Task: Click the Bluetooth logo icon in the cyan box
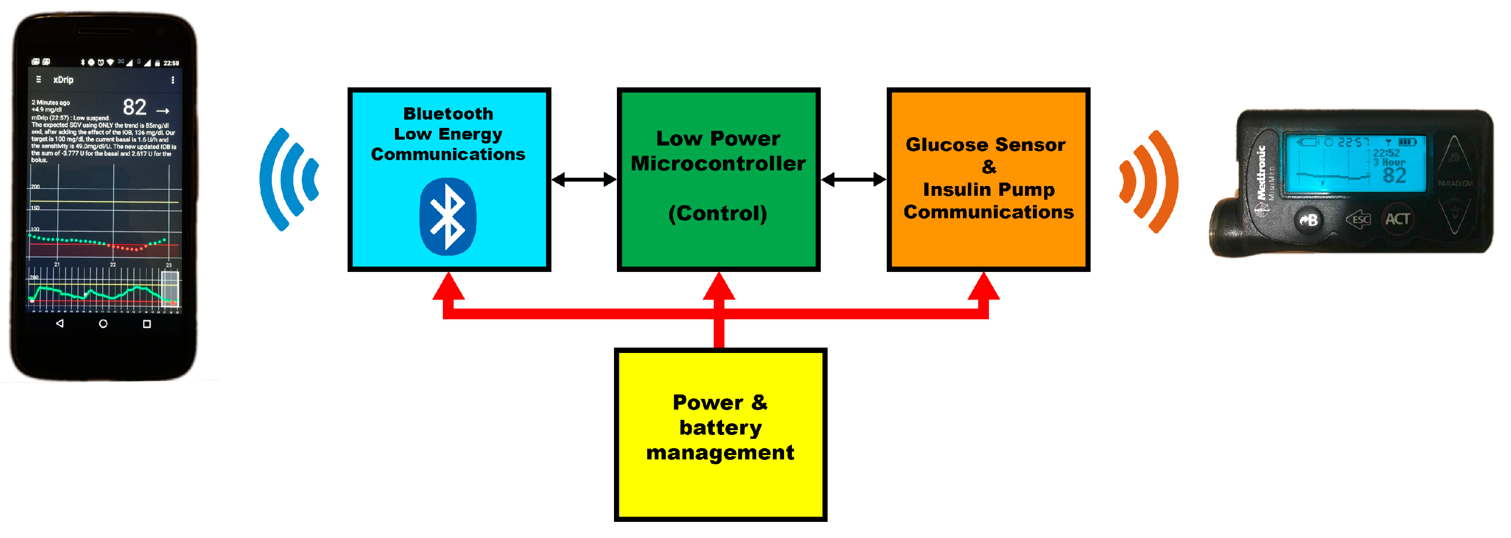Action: [x=448, y=217]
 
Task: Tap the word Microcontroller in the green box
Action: [x=718, y=164]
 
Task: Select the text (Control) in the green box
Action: [x=718, y=213]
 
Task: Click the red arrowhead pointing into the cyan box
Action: [x=449, y=287]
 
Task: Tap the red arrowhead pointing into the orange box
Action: [x=984, y=287]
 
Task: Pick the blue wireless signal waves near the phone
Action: [x=288, y=179]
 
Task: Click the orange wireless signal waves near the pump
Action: [x=1148, y=181]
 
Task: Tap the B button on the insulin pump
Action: [x=1309, y=220]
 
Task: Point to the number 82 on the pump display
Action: [x=1394, y=176]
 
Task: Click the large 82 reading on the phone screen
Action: [x=134, y=108]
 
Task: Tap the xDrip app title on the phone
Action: [x=64, y=80]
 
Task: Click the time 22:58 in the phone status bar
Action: [x=171, y=62]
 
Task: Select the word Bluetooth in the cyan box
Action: [x=448, y=114]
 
